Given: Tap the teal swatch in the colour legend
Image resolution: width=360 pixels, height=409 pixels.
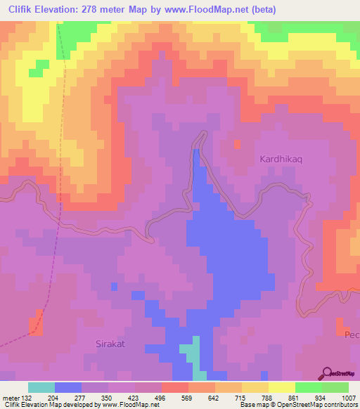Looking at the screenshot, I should [41, 387].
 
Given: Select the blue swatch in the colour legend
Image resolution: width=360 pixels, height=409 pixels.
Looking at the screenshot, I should [68, 387].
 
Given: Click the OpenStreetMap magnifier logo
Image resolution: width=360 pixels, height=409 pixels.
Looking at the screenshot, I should [325, 373].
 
